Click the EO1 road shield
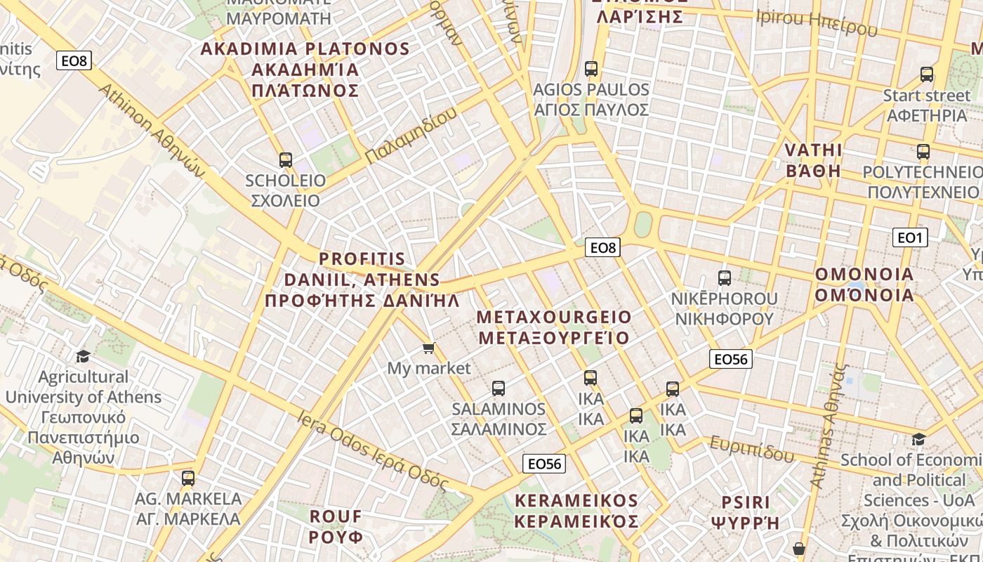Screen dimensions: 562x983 [909, 237]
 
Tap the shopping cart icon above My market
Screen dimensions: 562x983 [428, 348]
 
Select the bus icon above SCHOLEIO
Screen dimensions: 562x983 [285, 159]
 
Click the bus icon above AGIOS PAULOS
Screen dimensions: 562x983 [591, 68]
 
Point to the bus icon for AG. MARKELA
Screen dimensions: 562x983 [187, 478]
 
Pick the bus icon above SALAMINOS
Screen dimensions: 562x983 [498, 388]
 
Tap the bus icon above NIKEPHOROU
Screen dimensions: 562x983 [724, 277]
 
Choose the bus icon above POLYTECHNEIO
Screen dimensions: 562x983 [923, 151]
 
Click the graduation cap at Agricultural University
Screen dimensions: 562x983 [83, 356]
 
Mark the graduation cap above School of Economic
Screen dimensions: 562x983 [918, 440]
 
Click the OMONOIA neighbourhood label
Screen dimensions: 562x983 [864, 285]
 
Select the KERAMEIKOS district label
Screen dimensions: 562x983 [576, 511]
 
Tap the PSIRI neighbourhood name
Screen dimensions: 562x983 [745, 512]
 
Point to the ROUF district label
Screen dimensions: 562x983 [336, 526]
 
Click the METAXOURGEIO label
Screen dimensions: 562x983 [554, 327]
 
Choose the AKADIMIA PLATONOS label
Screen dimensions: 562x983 [305, 69]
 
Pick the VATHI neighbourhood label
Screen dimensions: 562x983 [813, 160]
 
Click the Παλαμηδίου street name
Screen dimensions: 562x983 [411, 136]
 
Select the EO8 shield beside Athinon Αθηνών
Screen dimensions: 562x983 [74, 60]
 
